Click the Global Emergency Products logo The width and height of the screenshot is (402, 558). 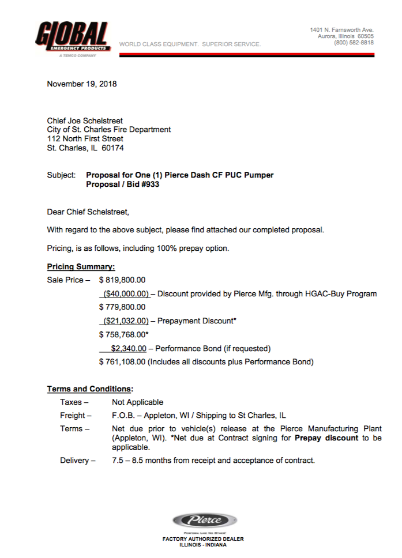(72, 39)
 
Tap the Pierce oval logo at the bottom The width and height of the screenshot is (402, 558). (203, 520)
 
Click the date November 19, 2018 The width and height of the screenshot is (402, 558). (81, 84)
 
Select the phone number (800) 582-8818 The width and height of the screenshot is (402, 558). (354, 43)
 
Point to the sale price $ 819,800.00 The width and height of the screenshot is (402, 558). (122, 280)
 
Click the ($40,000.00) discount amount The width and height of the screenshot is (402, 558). (126, 293)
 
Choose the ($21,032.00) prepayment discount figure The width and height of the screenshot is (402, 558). (126, 321)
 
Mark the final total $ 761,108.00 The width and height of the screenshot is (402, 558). (122, 362)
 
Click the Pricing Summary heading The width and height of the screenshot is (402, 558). (81, 267)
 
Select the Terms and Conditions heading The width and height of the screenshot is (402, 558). (89, 389)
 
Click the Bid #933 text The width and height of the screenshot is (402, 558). (141, 184)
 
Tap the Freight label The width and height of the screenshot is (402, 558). (76, 416)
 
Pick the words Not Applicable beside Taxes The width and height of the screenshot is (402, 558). (137, 402)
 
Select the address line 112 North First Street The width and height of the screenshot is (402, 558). (85, 138)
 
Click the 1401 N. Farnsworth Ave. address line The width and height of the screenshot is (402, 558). (341, 29)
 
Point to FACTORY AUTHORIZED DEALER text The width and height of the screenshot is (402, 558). (202, 539)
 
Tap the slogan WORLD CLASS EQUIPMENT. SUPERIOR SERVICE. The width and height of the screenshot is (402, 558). (190, 44)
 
